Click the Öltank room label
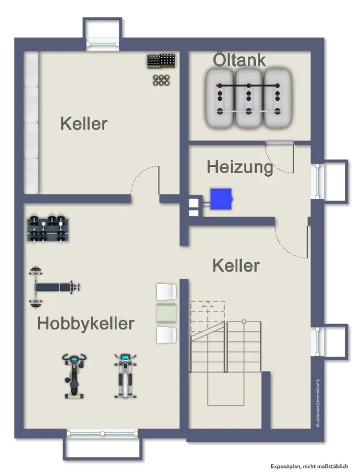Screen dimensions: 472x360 pyautogui.click(x=239, y=60)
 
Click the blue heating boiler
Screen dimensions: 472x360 pyautogui.click(x=221, y=198)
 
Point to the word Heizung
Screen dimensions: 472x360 pyautogui.click(x=240, y=167)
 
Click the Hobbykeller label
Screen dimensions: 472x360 pyautogui.click(x=85, y=324)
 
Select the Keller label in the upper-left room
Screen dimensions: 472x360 pyautogui.click(x=83, y=124)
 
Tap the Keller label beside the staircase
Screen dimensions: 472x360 pyautogui.click(x=236, y=265)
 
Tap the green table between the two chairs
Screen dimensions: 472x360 pyautogui.click(x=167, y=313)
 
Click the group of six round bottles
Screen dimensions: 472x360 pyautogui.click(x=160, y=80)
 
